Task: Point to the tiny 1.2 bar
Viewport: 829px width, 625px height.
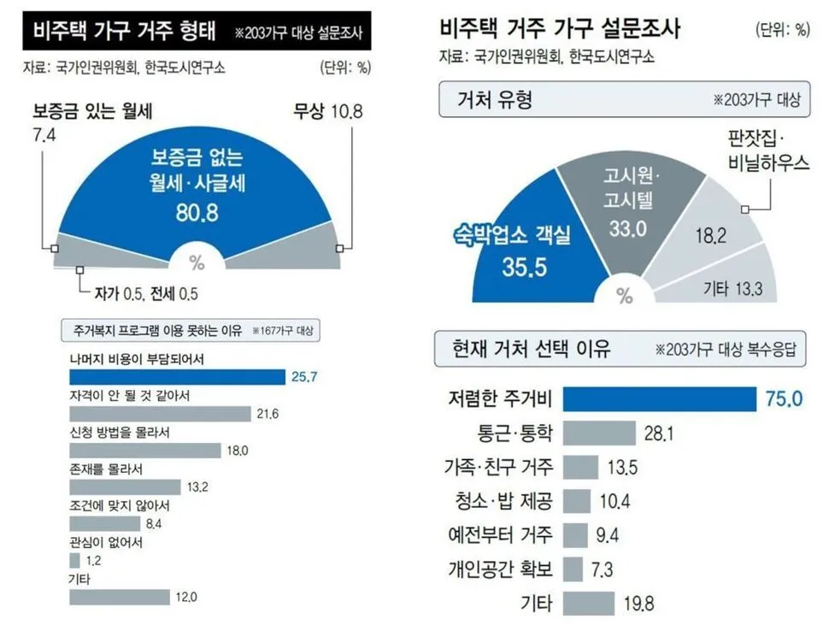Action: click(74, 561)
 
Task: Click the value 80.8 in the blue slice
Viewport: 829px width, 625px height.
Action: click(197, 214)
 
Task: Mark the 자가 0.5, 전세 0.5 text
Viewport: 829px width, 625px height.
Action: click(150, 295)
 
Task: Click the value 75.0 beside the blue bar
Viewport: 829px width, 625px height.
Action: click(783, 399)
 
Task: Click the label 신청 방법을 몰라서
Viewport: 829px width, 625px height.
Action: click(119, 433)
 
